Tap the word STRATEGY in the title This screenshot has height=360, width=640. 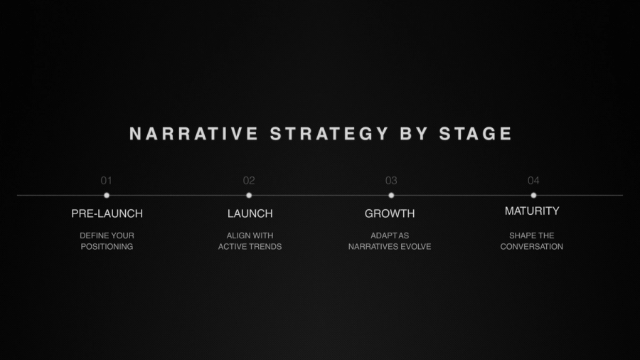[x=329, y=134]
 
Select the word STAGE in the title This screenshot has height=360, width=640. [x=476, y=134]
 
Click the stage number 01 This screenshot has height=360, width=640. [x=107, y=181]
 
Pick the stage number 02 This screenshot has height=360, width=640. [x=249, y=181]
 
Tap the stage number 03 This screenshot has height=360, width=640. [x=391, y=181]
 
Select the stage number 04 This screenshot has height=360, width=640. [x=533, y=181]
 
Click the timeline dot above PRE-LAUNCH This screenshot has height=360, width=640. [x=107, y=195]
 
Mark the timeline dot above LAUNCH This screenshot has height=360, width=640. [x=249, y=195]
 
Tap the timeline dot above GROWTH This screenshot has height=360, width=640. [x=391, y=195]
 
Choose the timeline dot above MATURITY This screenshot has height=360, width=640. [x=533, y=195]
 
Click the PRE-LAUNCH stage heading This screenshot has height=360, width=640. [x=107, y=213]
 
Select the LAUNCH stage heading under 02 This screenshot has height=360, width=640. [x=250, y=213]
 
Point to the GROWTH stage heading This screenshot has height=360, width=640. [x=390, y=213]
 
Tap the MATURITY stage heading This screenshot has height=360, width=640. [x=532, y=211]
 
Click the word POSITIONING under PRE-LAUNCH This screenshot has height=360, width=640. [x=107, y=247]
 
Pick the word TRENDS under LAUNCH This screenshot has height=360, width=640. [x=265, y=247]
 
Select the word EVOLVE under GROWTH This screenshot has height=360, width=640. [x=413, y=247]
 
